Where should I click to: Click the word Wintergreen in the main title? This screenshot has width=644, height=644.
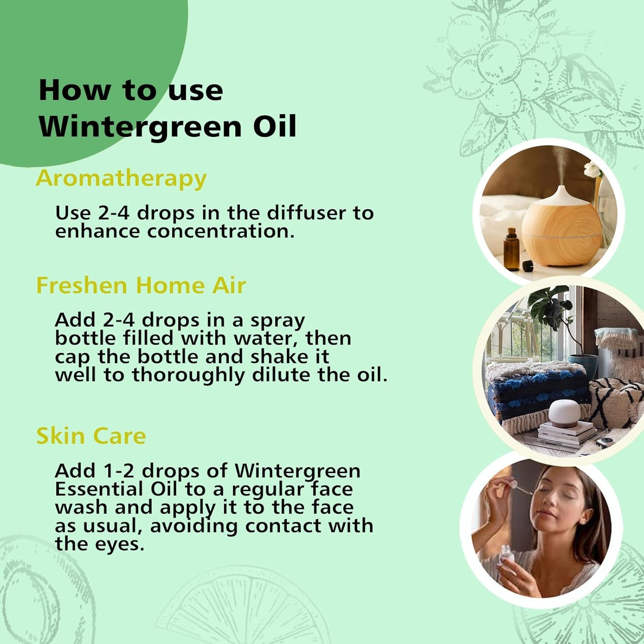(x=140, y=127)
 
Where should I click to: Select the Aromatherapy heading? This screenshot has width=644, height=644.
(x=121, y=178)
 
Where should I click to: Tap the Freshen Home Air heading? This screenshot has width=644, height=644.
(x=141, y=285)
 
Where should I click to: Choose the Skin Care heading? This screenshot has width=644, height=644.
(x=91, y=436)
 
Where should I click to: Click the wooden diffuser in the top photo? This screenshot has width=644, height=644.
(x=561, y=227)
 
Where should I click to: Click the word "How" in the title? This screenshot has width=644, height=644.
(x=74, y=90)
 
